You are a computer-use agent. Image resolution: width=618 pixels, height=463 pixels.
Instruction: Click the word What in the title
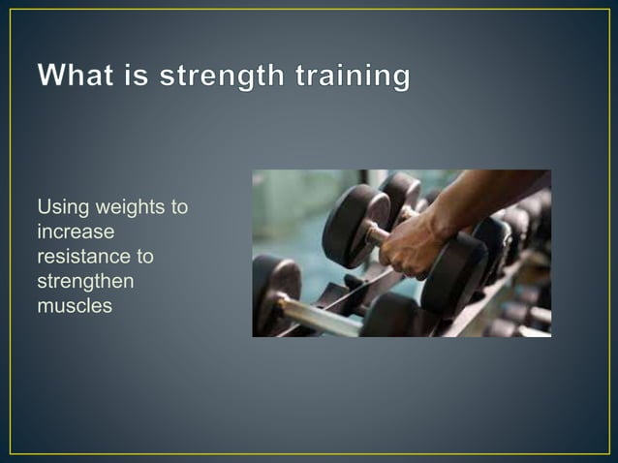(x=79, y=77)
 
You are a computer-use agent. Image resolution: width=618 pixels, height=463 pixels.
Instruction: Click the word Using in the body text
(x=58, y=207)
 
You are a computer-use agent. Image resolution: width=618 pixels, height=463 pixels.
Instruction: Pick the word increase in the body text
(x=75, y=232)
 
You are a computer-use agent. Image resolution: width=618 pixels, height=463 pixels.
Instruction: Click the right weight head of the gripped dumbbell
(x=455, y=271)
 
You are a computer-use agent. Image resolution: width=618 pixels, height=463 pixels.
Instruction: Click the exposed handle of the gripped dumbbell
(x=377, y=233)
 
